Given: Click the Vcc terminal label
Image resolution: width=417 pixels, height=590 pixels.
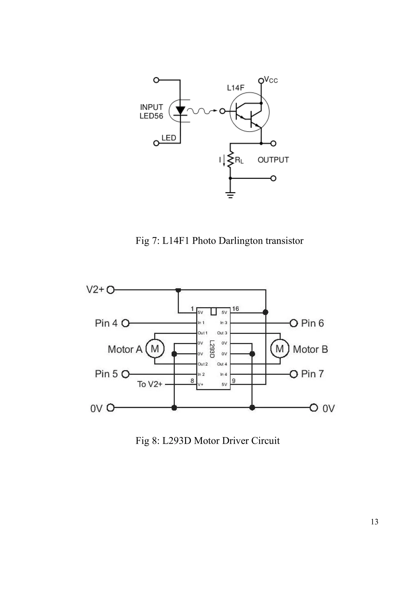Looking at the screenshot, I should (271, 80).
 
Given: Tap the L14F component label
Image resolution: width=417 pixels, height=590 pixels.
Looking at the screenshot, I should (235, 88).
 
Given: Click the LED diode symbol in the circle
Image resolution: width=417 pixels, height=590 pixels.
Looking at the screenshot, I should (180, 111).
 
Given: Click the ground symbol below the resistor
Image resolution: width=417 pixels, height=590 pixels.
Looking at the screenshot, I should (230, 195).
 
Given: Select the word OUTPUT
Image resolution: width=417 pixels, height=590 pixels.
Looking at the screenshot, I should (273, 160).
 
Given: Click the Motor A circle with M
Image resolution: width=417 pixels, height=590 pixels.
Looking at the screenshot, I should (155, 349).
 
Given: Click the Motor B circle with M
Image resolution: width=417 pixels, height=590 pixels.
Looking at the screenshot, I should (280, 349).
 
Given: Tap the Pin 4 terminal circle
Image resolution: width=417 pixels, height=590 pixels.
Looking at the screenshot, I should (125, 323).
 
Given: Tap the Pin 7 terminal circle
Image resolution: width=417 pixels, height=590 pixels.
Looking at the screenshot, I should (294, 374).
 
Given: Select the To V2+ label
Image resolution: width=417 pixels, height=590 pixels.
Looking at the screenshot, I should (149, 384).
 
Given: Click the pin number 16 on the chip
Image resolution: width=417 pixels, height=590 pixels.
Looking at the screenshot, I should (235, 309).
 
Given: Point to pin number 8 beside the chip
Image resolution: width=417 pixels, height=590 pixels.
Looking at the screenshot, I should (192, 381).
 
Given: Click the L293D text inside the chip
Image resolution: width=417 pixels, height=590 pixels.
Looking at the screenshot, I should (212, 349).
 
